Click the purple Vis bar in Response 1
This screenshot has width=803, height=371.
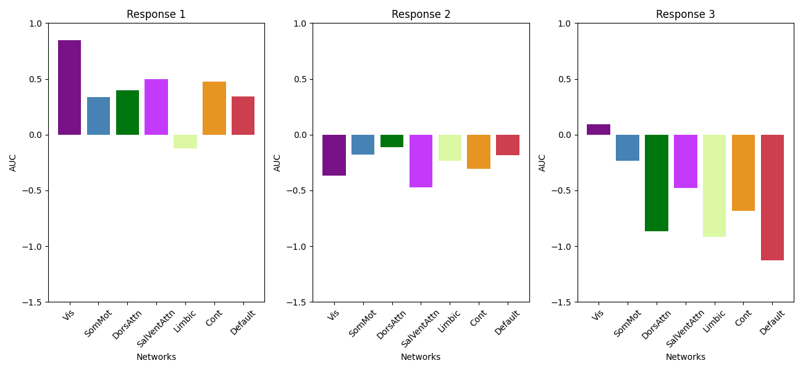pyautogui.click(x=69, y=87)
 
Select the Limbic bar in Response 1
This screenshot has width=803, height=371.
pyautogui.click(x=185, y=142)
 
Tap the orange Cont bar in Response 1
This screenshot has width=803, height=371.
pyautogui.click(x=214, y=108)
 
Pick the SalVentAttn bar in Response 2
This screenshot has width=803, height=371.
pyautogui.click(x=421, y=161)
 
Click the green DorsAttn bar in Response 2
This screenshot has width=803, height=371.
pyautogui.click(x=392, y=141)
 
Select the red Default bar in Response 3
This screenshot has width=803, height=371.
pyautogui.click(x=772, y=197)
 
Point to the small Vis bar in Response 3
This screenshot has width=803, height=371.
pyautogui.click(x=598, y=129)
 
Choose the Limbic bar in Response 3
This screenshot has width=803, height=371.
pyautogui.click(x=714, y=185)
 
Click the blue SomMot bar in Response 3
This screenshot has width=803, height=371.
pyautogui.click(x=627, y=148)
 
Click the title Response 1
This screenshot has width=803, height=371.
pyautogui.click(x=156, y=14)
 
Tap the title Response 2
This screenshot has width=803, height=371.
pyautogui.click(x=421, y=14)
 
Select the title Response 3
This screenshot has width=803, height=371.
pyautogui.click(x=685, y=14)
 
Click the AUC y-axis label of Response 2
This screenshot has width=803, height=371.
pyautogui.click(x=277, y=163)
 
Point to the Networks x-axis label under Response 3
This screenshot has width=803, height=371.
pyautogui.click(x=685, y=357)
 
